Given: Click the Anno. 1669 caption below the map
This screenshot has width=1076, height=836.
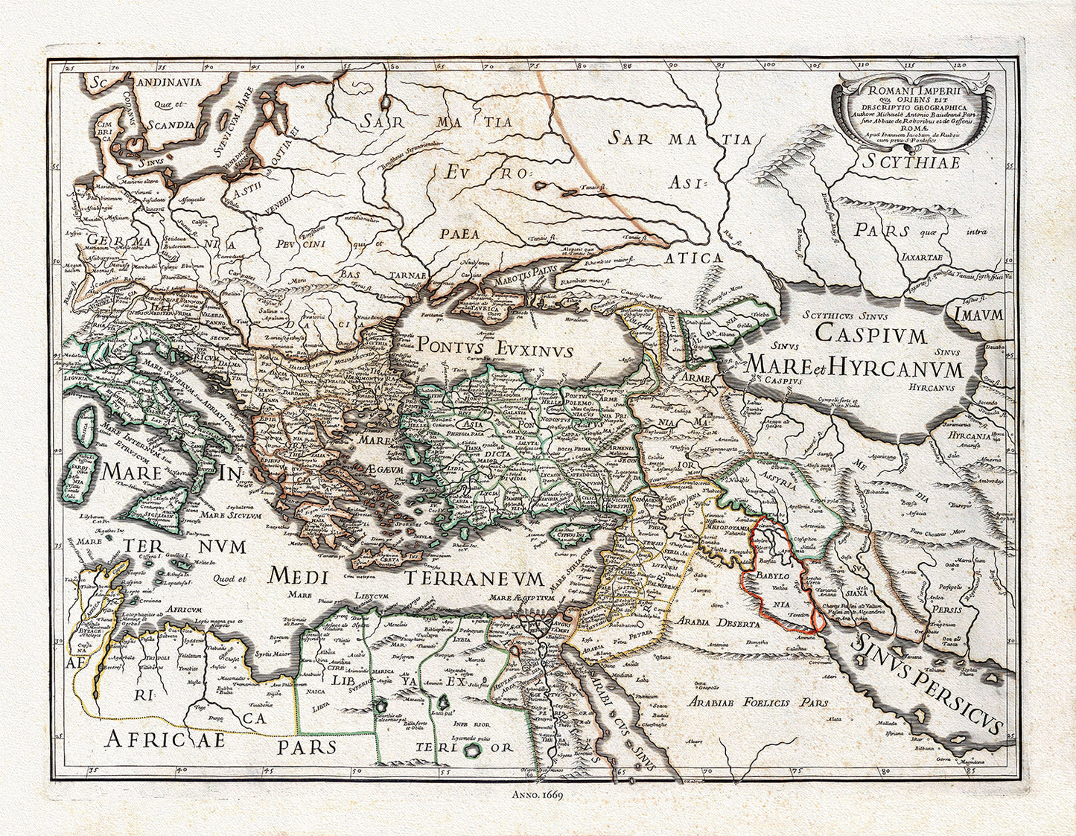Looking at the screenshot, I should point(538,794).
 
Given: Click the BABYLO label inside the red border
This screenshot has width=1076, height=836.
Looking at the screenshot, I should point(776,576).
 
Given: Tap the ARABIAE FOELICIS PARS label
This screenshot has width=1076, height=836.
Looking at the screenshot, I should point(758,702).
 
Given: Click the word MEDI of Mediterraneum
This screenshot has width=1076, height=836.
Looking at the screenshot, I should point(299,575).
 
